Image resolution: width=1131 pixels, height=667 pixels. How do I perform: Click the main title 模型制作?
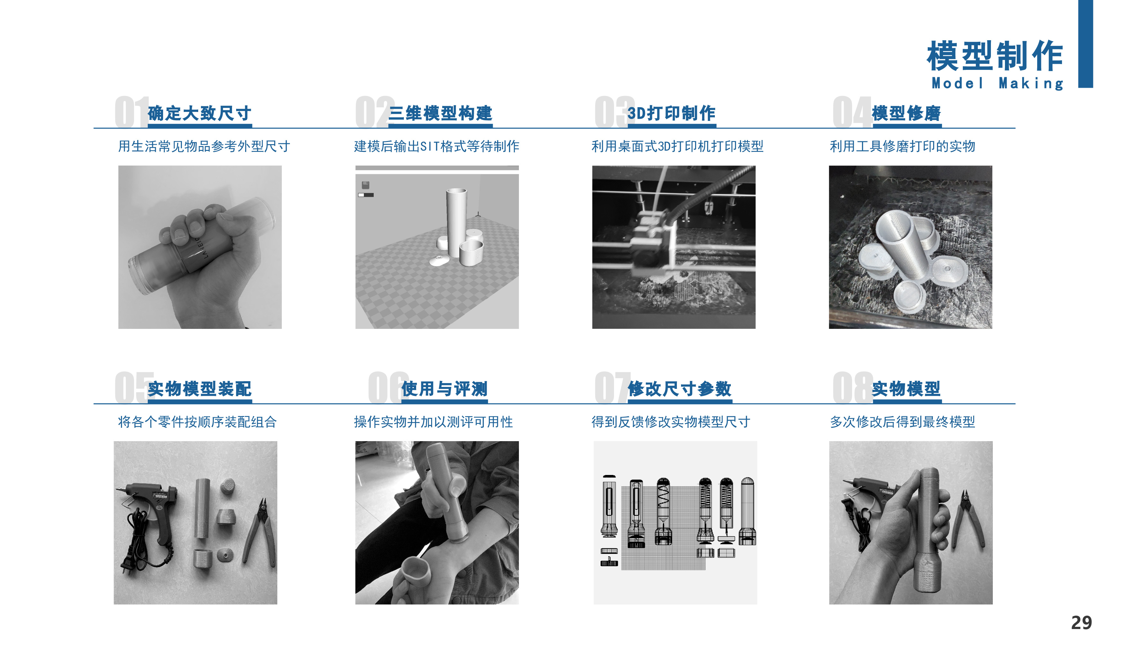(x=994, y=56)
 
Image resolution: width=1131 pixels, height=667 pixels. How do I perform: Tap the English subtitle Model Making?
(x=997, y=84)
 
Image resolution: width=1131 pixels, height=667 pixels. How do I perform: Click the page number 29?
(x=1081, y=623)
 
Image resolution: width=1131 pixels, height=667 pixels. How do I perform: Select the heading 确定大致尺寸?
(x=199, y=113)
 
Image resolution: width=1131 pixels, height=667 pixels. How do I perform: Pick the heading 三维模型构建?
(x=440, y=113)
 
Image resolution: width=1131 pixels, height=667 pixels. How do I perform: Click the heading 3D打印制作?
(x=671, y=113)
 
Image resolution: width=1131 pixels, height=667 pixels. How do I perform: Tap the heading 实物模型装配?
(x=199, y=389)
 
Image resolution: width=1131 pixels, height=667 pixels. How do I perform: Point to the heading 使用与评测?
(x=444, y=389)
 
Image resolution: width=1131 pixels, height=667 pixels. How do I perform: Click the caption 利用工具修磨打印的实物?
(x=902, y=146)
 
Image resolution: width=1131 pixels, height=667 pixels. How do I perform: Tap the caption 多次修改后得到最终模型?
(x=902, y=422)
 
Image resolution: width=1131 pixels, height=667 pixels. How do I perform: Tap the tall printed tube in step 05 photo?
(x=203, y=508)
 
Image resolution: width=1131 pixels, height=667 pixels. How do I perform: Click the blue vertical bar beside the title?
(x=1085, y=44)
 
